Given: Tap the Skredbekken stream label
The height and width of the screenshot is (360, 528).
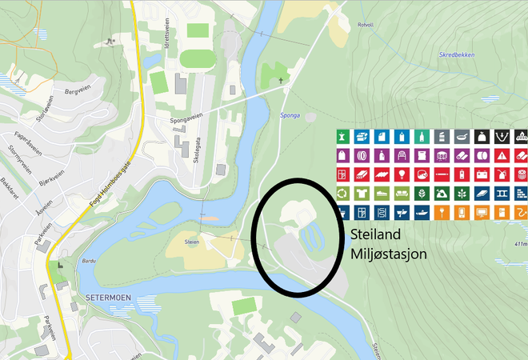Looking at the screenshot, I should pyautogui.click(x=455, y=55).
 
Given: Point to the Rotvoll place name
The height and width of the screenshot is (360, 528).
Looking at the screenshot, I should pyautogui.click(x=365, y=26).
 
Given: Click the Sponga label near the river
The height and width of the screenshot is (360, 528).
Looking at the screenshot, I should pyautogui.click(x=290, y=115).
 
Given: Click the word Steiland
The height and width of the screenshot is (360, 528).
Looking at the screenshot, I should pyautogui.click(x=376, y=235).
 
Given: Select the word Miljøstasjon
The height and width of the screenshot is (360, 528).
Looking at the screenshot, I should pyautogui.click(x=387, y=254).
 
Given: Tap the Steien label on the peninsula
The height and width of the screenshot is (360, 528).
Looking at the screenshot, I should pyautogui.click(x=191, y=240).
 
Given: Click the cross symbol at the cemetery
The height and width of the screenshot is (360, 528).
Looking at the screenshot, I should pyautogui.click(x=282, y=81).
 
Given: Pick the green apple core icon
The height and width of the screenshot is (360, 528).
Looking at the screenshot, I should pyautogui.click(x=342, y=136).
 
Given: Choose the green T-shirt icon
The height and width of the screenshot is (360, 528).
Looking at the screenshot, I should pyautogui.click(x=362, y=194).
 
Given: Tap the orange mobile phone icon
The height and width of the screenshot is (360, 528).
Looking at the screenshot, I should pyautogui.click(x=461, y=213).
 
